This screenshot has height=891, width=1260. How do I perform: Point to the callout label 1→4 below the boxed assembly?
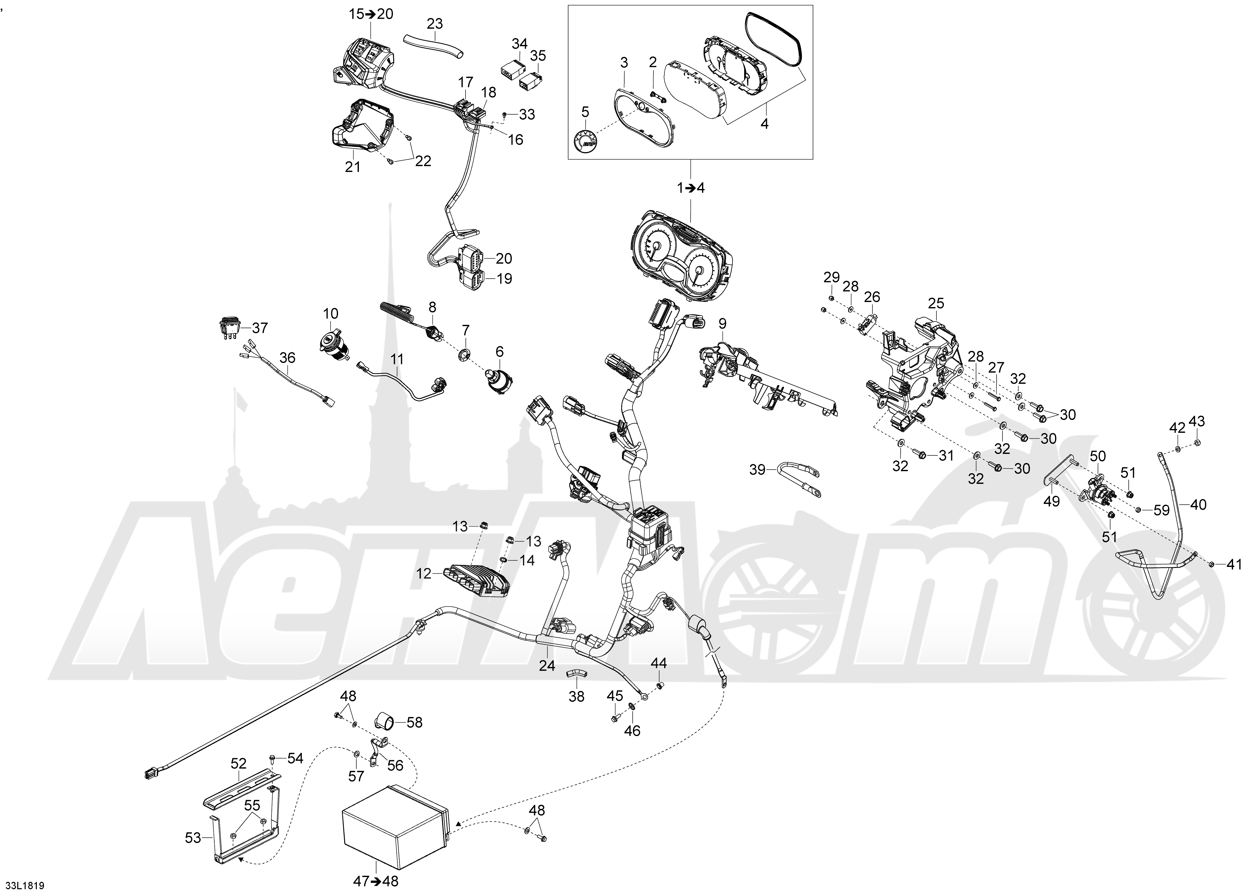coord(690,188)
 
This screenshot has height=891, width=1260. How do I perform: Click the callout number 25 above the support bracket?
coord(936,304)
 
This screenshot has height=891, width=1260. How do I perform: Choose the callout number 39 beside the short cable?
coord(757,470)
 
